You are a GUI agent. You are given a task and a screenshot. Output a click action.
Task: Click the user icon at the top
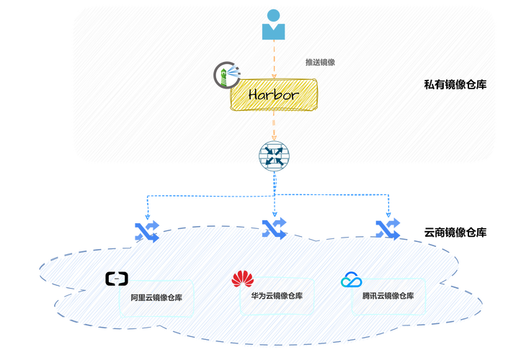pyautogui.click(x=273, y=25)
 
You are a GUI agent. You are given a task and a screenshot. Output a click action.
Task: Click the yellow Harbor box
pyautogui.click(x=273, y=95)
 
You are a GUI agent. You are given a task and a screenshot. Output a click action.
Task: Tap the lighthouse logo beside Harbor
pyautogui.click(x=226, y=75)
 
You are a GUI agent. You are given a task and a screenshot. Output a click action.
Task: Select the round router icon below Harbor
pyautogui.click(x=273, y=156)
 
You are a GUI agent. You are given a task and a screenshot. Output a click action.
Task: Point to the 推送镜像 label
pyautogui.click(x=320, y=63)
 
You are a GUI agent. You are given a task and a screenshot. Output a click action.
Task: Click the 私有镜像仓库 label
pyautogui.click(x=455, y=85)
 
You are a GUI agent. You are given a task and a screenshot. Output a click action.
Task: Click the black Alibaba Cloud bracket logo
pyautogui.click(x=116, y=278)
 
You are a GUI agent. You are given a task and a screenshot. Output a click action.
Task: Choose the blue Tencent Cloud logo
pyautogui.click(x=351, y=279)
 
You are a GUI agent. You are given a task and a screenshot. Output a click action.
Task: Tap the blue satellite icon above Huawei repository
pyautogui.click(x=275, y=228)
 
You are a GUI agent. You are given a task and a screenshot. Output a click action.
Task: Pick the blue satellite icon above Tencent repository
pyautogui.click(x=389, y=228)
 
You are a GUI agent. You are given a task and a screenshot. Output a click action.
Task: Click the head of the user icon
pyautogui.click(x=273, y=15)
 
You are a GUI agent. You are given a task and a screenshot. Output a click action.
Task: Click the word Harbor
pyautogui.click(x=273, y=94)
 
